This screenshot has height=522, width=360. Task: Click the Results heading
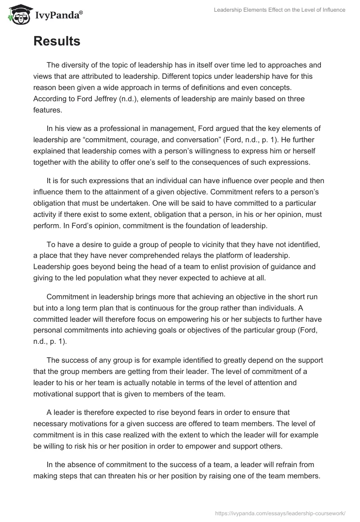tap(57, 41)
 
